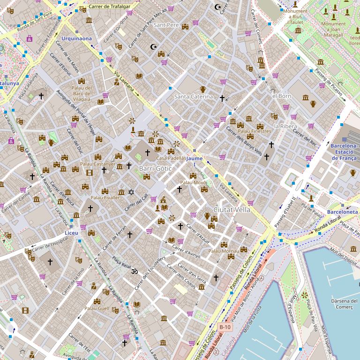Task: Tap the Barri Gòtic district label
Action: [x=152, y=168]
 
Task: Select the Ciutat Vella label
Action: [x=232, y=209]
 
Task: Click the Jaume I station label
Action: [x=195, y=162]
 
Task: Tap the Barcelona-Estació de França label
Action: [x=344, y=152]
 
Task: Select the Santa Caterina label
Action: [x=194, y=97]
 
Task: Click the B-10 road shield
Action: [x=225, y=327]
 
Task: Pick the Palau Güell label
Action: [x=97, y=308]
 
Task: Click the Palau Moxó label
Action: [x=193, y=182]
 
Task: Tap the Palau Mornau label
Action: [x=224, y=251]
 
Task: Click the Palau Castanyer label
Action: [x=97, y=164]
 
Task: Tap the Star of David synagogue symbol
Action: [x=132, y=192]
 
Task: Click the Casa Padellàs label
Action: [x=171, y=158]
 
